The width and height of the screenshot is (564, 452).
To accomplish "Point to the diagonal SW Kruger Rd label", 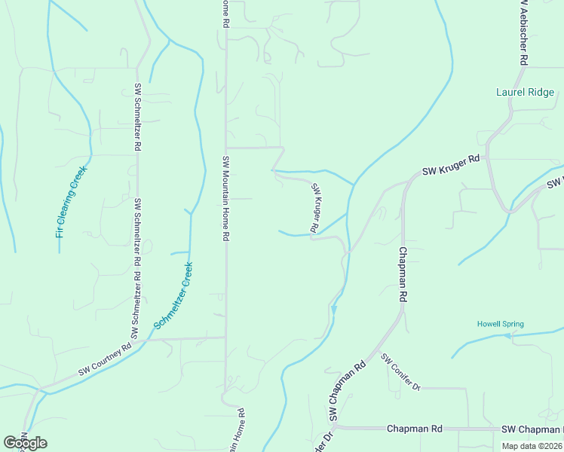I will pyautogui.click(x=317, y=208).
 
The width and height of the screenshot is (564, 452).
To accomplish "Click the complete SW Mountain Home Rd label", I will pyautogui.click(x=225, y=199).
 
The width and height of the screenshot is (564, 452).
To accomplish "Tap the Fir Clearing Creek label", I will pyautogui.click(x=72, y=202).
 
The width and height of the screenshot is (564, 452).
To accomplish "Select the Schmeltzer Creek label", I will pyautogui.click(x=174, y=295).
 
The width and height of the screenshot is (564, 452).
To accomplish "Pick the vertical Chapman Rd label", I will pyautogui.click(x=403, y=274).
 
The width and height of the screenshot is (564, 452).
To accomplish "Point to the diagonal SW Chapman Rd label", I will pyautogui.click(x=348, y=390).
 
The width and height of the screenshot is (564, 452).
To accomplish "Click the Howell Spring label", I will pyautogui.click(x=500, y=325).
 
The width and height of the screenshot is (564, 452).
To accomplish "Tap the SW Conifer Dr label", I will pyautogui.click(x=400, y=373).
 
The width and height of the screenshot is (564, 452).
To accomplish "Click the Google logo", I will pyautogui.click(x=25, y=443).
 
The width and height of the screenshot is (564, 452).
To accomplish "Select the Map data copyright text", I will pyautogui.click(x=532, y=446).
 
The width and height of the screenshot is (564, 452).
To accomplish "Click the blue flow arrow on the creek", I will pyautogui.click(x=334, y=309).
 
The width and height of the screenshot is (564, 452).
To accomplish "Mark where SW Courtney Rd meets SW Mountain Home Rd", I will pyautogui.click(x=225, y=337).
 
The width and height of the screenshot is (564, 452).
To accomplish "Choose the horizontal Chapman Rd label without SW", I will pyautogui.click(x=414, y=429).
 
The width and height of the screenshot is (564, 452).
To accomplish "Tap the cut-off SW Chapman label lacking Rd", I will pyautogui.click(x=532, y=429).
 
